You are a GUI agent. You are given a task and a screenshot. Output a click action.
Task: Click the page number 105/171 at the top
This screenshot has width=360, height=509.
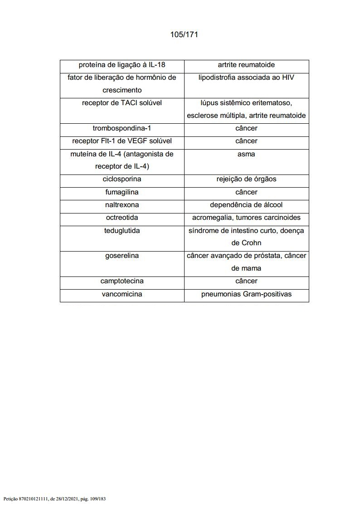point(184,34)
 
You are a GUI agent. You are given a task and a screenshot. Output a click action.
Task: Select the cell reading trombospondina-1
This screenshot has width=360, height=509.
point(122,128)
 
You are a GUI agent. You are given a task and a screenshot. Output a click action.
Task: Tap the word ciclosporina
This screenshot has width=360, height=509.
point(122,179)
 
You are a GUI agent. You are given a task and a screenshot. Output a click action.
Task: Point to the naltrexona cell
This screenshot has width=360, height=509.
point(122,205)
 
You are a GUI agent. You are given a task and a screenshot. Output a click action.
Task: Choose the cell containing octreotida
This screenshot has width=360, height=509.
point(122,218)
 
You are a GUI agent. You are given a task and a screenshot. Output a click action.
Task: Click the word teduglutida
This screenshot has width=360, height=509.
point(122,231)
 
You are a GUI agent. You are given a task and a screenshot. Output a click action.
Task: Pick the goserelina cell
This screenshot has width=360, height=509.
point(122,256)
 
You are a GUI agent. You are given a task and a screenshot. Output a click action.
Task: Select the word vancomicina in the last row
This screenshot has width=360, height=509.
point(122,294)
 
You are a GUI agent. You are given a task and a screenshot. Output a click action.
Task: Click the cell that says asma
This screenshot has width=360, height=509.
point(246,154)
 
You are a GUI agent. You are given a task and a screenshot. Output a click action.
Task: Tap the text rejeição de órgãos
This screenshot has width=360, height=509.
point(246,179)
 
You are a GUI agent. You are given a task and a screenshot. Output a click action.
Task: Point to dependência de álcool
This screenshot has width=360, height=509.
point(246,205)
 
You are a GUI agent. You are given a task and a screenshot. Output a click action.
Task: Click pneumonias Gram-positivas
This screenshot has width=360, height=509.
point(246,294)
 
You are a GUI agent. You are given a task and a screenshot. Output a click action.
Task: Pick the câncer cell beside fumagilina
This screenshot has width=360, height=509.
point(246,192)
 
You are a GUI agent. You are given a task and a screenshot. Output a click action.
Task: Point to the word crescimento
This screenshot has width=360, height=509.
point(122,90)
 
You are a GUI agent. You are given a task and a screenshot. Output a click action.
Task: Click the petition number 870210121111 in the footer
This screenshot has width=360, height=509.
point(33,499)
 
